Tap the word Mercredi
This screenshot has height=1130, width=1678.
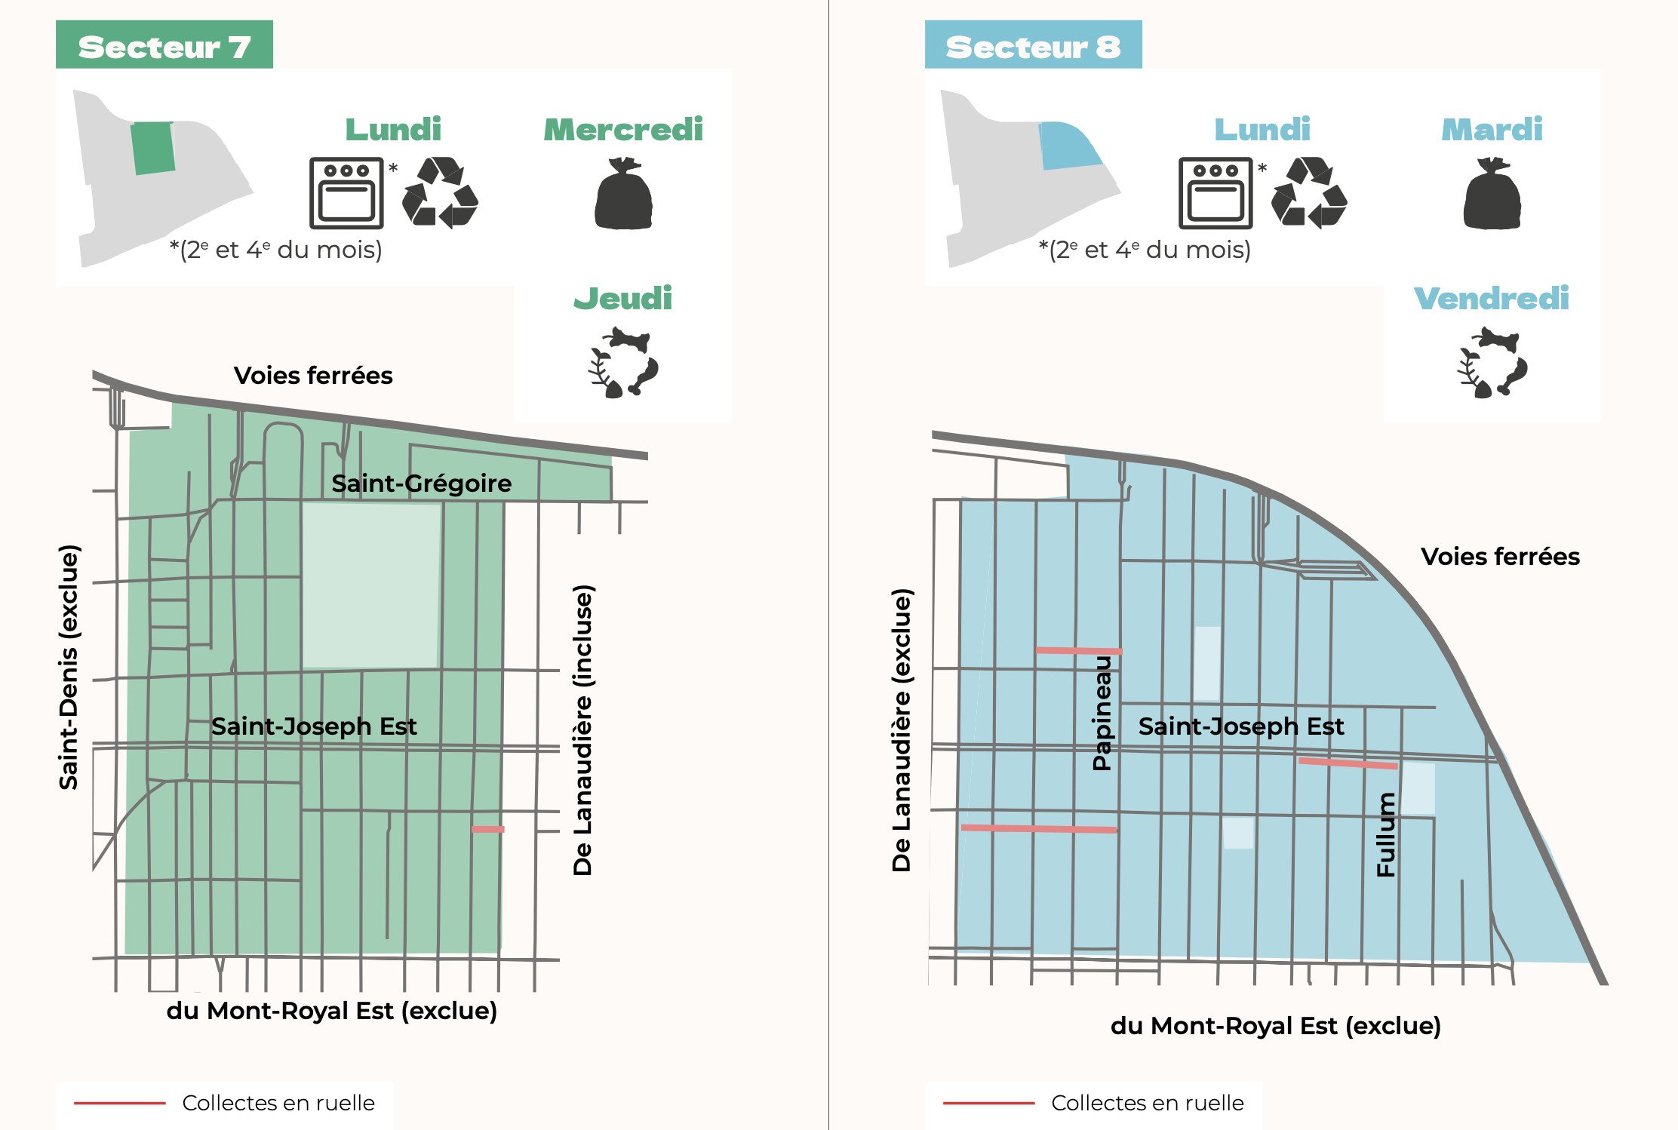pyautogui.click(x=623, y=130)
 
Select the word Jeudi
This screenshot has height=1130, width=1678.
pyautogui.click(x=623, y=299)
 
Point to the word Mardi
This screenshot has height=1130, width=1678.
pyautogui.click(x=1492, y=130)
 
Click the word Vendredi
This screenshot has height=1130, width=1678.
pyautogui.click(x=1492, y=299)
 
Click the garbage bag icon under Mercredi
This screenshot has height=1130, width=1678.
pyautogui.click(x=623, y=194)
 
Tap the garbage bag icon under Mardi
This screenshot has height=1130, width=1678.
pyautogui.click(x=1492, y=194)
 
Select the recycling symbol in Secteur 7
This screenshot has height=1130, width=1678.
pyautogui.click(x=441, y=192)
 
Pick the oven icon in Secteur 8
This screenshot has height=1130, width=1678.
pyautogui.click(x=1215, y=193)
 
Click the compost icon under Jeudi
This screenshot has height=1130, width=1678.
pyautogui.click(x=623, y=363)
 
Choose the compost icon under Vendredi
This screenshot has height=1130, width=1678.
pyautogui.click(x=1492, y=363)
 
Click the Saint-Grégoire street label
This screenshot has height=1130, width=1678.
pyautogui.click(x=421, y=484)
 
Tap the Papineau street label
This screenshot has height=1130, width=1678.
pyautogui.click(x=1102, y=713)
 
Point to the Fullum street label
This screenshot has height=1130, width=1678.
pyautogui.click(x=1386, y=834)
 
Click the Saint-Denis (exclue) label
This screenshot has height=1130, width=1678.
pyautogui.click(x=69, y=667)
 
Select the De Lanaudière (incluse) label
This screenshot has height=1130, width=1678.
pyautogui.click(x=582, y=729)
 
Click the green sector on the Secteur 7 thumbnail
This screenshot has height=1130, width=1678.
pyautogui.click(x=153, y=148)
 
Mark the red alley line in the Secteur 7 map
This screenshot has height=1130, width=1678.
pyautogui.click(x=488, y=829)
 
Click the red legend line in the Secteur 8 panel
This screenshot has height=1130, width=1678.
pyautogui.click(x=988, y=1103)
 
